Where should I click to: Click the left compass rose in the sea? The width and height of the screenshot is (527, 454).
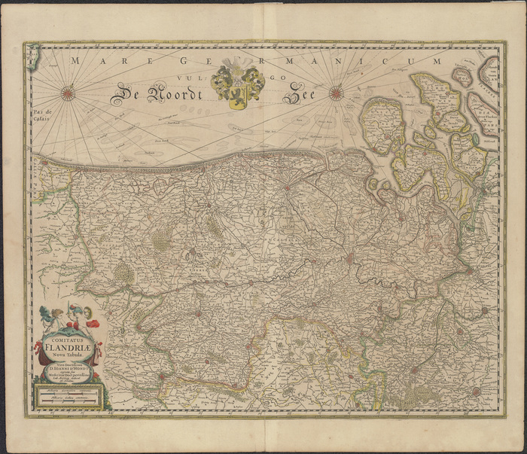68,93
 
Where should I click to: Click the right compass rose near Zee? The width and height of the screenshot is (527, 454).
336,94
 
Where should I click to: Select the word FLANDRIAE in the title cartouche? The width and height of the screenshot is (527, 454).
69,347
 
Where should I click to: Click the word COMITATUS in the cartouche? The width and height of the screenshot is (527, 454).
69,338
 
